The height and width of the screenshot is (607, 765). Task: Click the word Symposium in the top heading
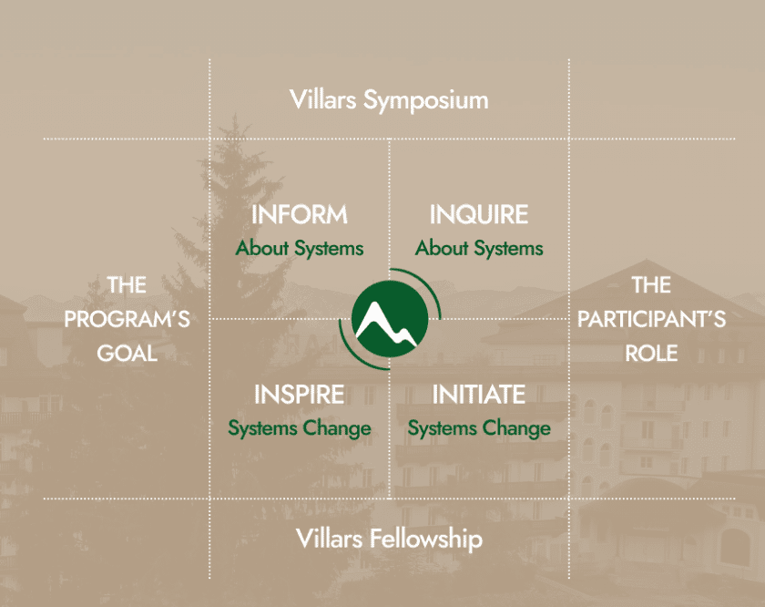(426, 101)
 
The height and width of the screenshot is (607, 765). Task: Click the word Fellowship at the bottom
(426, 539)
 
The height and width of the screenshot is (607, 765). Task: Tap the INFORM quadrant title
(300, 215)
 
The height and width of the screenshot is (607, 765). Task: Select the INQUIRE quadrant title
(479, 215)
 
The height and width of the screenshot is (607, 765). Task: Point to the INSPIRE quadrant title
(300, 395)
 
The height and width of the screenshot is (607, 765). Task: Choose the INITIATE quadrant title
(479, 395)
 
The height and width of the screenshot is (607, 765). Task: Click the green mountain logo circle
(390, 319)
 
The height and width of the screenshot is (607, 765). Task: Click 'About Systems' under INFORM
(300, 248)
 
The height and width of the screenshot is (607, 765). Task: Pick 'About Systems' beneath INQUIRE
(479, 248)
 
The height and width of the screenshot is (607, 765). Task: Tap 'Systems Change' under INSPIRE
(300, 428)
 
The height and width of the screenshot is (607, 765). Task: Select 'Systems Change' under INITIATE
(479, 428)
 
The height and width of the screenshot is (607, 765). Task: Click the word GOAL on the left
(127, 354)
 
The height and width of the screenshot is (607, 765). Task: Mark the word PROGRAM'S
(127, 319)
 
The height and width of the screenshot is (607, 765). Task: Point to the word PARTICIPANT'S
(652, 319)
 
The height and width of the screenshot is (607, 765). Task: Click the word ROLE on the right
(652, 354)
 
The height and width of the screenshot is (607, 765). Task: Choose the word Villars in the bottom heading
(330, 539)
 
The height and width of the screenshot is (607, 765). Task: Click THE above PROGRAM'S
(127, 285)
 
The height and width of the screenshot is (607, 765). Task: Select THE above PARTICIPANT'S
(652, 285)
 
